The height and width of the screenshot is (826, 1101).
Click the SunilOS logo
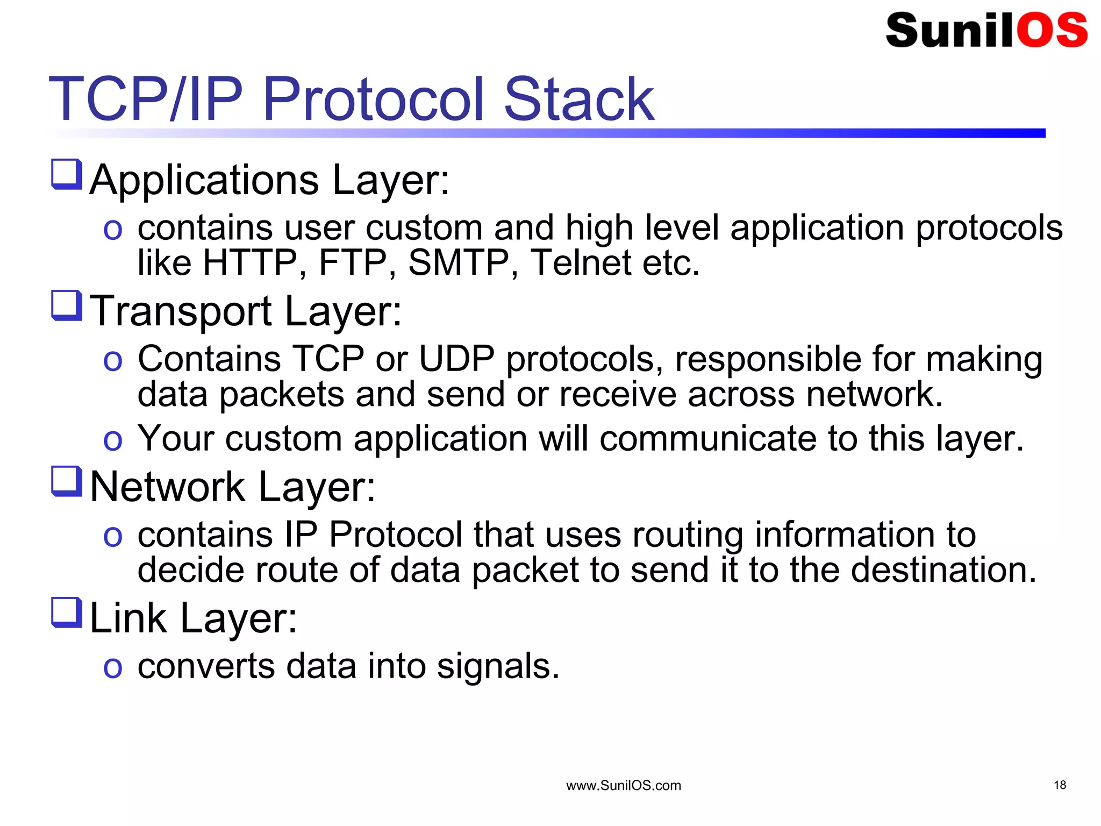[986, 30]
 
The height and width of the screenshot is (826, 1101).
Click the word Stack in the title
[578, 99]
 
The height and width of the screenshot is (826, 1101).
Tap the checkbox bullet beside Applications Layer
[67, 174]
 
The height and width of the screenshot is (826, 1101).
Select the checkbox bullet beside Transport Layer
[67, 305]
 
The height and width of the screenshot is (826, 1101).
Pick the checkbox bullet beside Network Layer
[67, 481]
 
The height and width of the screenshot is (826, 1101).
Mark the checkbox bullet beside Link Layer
[67, 613]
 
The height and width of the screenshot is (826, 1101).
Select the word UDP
[456, 359]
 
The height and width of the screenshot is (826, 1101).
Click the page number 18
[1060, 785]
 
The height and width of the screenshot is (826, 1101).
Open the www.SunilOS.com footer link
[624, 786]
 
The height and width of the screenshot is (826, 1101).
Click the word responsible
[768, 360]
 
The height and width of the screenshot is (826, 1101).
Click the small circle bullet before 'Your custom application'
[113, 440]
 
